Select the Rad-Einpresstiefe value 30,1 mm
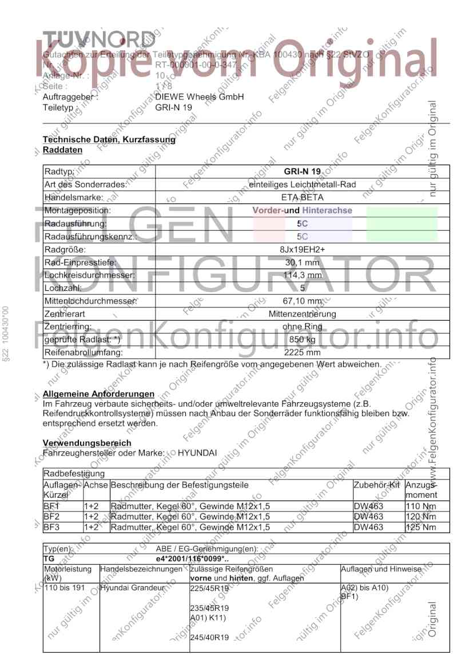click(303, 263)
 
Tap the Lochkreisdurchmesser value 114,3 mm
click(303, 275)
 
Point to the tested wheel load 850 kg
click(303, 340)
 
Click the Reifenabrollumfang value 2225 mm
click(303, 353)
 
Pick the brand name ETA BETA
click(303, 198)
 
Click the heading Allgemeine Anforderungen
click(98, 394)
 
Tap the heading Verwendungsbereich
click(87, 443)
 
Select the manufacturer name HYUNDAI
click(197, 453)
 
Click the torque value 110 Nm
click(420, 506)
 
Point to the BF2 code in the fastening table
click(51, 517)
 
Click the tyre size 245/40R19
click(209, 637)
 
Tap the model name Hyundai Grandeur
click(133, 587)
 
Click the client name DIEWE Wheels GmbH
click(200, 97)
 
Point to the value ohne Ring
click(303, 327)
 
